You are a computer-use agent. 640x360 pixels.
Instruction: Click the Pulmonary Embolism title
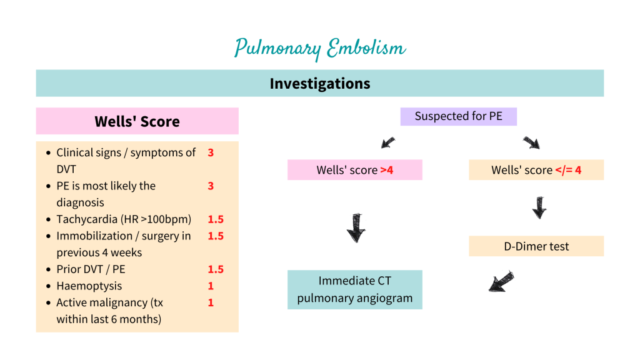(320, 48)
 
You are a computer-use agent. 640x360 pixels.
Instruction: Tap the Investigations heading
(320, 83)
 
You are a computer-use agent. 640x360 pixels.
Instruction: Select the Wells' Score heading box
(137, 121)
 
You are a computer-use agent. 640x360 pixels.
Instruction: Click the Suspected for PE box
(458, 116)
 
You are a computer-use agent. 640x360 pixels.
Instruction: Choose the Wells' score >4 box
(354, 170)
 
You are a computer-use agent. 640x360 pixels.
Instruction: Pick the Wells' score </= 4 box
(536, 170)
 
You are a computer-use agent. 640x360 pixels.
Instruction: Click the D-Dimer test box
(536, 246)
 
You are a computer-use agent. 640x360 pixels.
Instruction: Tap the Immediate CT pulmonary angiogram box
(354, 289)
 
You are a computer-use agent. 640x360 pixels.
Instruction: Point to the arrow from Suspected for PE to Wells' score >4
(388, 142)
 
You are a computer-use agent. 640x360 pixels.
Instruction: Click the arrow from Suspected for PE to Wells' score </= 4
(531, 142)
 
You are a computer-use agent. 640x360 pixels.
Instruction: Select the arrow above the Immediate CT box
(356, 227)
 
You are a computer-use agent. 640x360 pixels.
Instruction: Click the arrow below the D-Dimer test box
(501, 282)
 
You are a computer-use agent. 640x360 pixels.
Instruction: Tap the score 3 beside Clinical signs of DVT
(211, 152)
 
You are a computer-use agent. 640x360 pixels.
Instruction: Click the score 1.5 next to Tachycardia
(216, 219)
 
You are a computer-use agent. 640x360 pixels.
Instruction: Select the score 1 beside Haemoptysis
(211, 286)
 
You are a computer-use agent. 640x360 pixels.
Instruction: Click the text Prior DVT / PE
(91, 269)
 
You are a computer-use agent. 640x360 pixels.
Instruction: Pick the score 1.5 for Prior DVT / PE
(216, 269)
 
